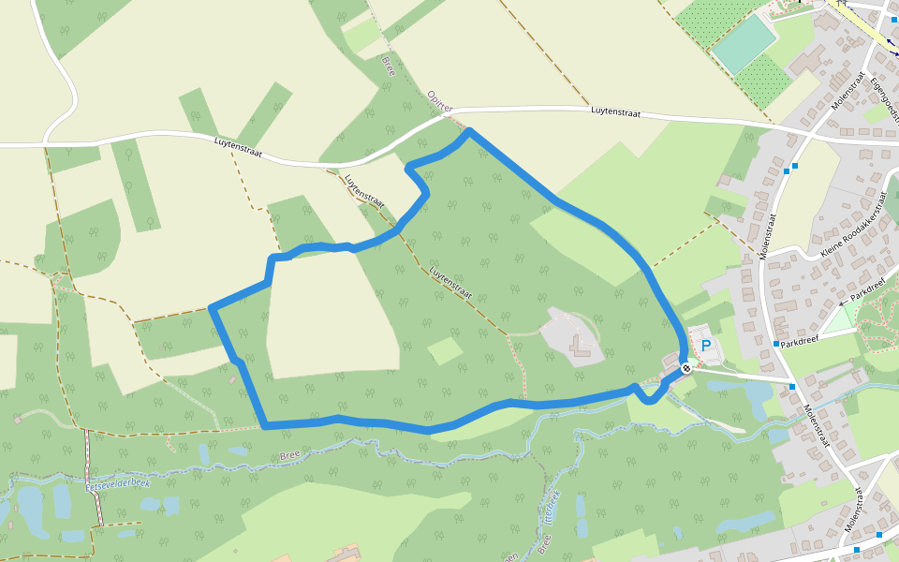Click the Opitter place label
click(x=438, y=101)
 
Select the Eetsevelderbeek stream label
click(x=118, y=484)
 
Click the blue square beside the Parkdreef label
click(x=776, y=344)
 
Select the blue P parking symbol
click(x=706, y=345)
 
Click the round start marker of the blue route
click(x=686, y=368)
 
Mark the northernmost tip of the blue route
click(x=468, y=131)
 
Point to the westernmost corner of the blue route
click(x=212, y=307)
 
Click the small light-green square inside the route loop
click(x=445, y=350)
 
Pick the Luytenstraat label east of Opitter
click(x=615, y=111)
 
